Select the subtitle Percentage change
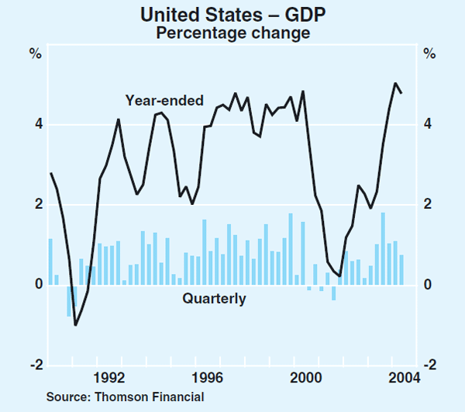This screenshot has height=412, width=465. tap(232, 33)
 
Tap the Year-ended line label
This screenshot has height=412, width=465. tap(164, 100)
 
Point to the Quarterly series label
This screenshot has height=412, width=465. tap(214, 298)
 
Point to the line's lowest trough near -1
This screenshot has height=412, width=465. tap(75, 325)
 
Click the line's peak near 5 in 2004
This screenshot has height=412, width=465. tap(395, 83)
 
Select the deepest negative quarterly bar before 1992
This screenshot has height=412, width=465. tap(69, 301)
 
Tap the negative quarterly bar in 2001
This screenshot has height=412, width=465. tap(334, 293)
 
